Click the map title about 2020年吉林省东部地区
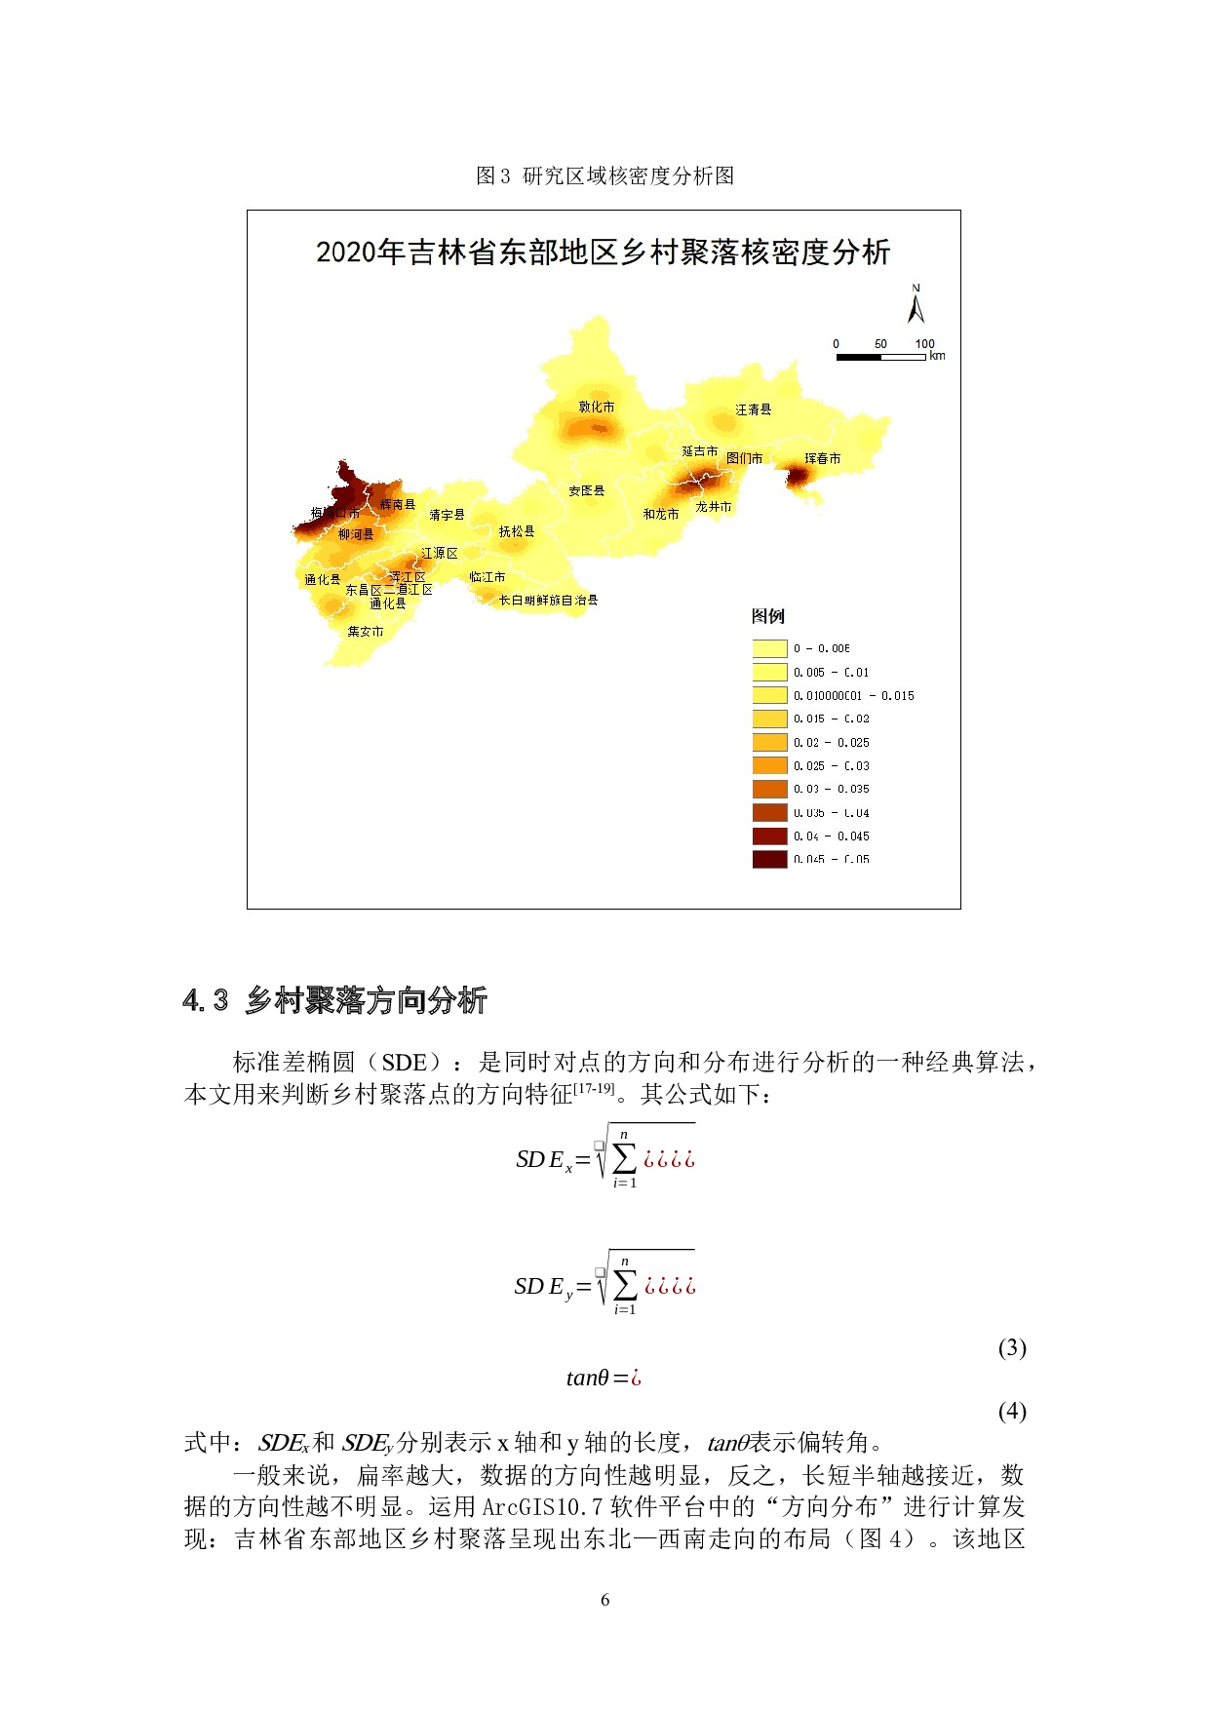(x=603, y=253)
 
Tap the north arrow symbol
(x=916, y=305)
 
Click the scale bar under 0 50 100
(x=880, y=358)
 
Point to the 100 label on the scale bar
(x=924, y=344)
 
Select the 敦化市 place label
(x=597, y=407)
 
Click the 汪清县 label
(x=753, y=409)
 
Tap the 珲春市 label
(x=822, y=458)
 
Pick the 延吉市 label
(x=699, y=451)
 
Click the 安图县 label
(x=586, y=490)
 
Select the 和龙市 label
(x=660, y=514)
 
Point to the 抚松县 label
(x=516, y=531)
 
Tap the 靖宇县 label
(x=447, y=515)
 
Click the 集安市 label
(x=366, y=632)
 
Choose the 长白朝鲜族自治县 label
(x=548, y=601)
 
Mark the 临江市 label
(x=487, y=577)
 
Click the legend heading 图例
(x=767, y=616)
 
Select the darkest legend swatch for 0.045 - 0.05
(x=769, y=859)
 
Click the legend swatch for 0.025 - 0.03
(x=769, y=766)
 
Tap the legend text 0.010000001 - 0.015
(x=853, y=696)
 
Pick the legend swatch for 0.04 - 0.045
(x=769, y=836)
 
